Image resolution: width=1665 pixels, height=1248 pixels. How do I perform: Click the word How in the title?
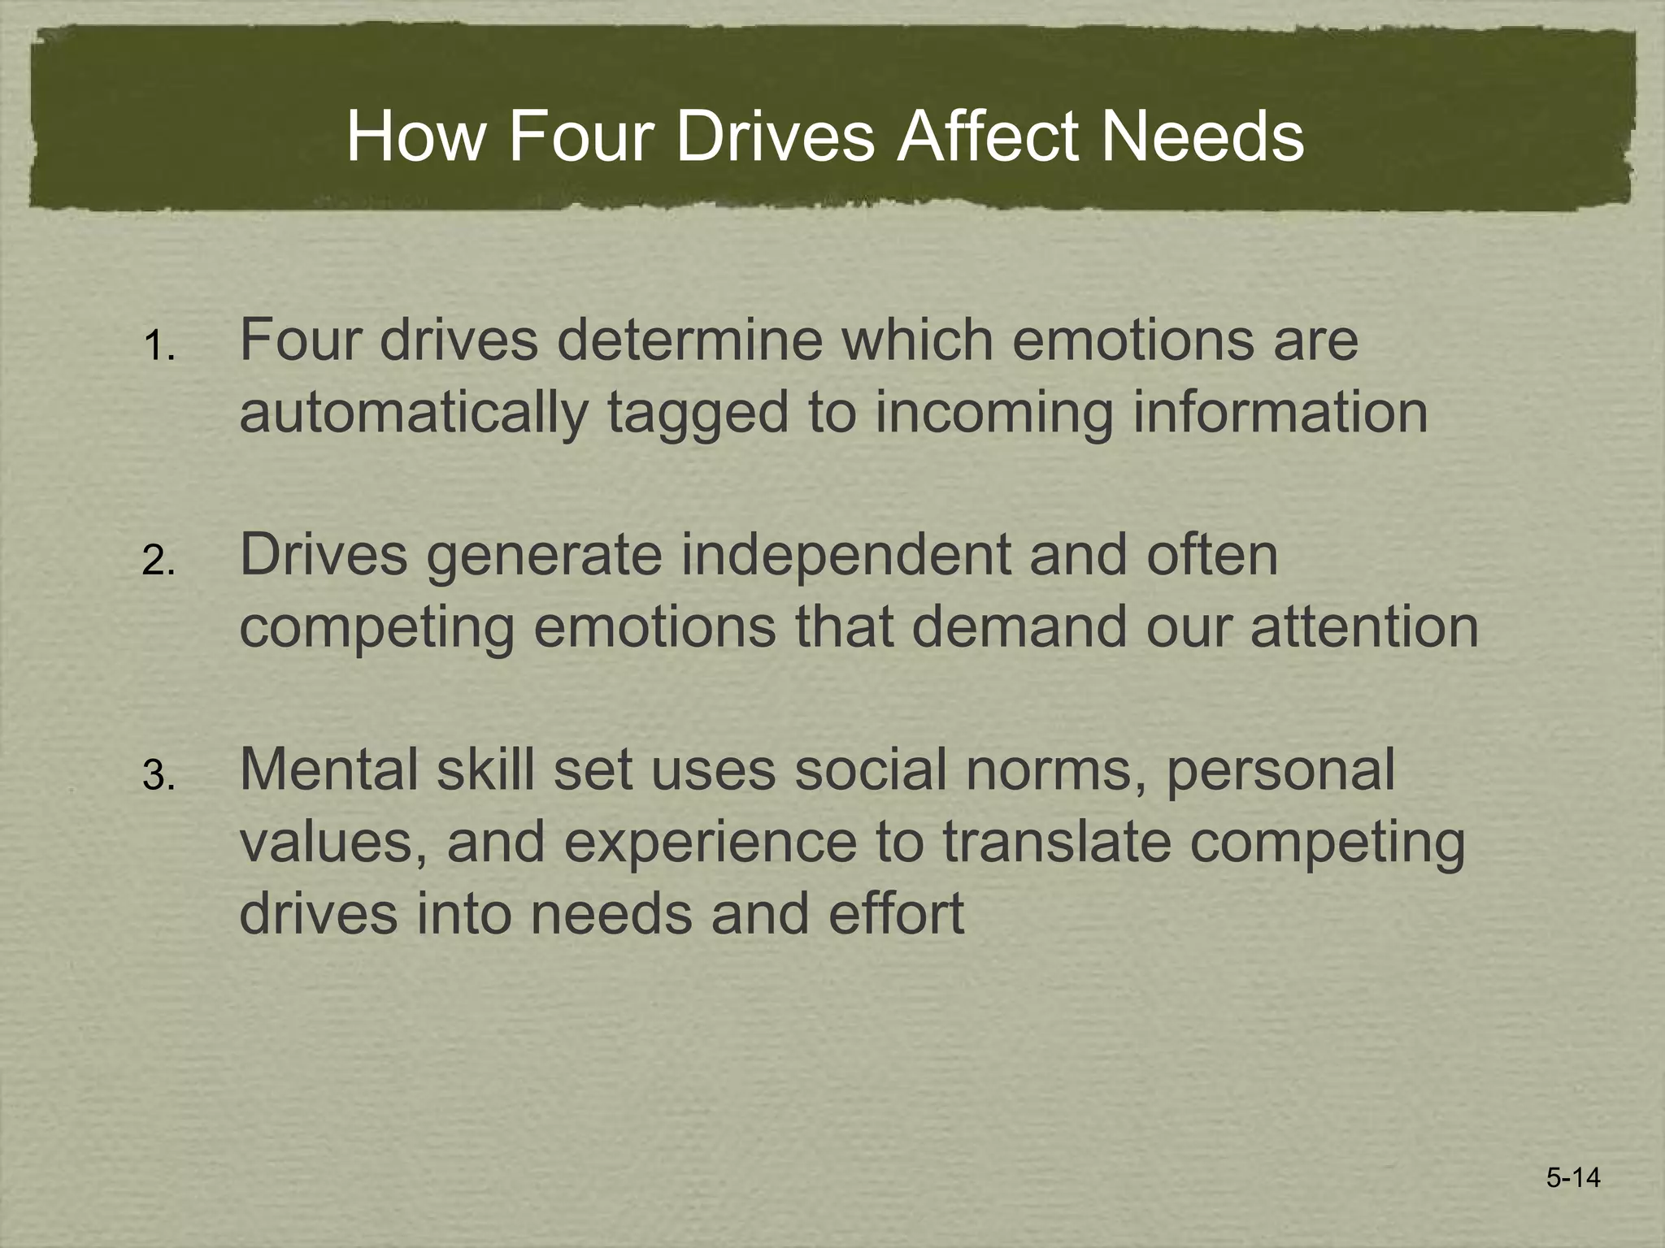[415, 136]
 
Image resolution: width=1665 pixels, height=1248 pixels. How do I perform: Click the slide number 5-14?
[1573, 1177]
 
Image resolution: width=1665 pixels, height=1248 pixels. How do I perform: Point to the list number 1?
[158, 348]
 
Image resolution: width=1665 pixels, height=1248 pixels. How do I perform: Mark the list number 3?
[158, 777]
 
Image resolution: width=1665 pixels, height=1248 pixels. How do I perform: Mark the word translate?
[1057, 842]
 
